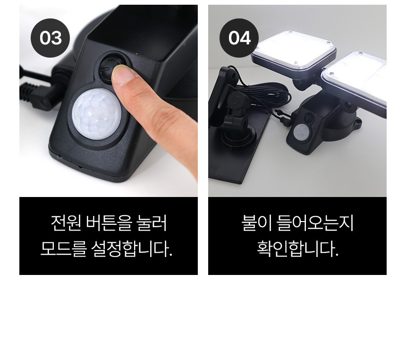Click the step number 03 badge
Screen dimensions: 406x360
pyautogui.click(x=50, y=38)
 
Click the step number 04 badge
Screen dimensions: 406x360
pyautogui.click(x=239, y=38)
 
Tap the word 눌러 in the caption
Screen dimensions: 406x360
pyautogui.click(x=152, y=223)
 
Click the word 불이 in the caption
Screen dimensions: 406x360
pyautogui.click(x=256, y=223)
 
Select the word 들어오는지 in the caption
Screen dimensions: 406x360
pyautogui.click(x=315, y=223)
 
